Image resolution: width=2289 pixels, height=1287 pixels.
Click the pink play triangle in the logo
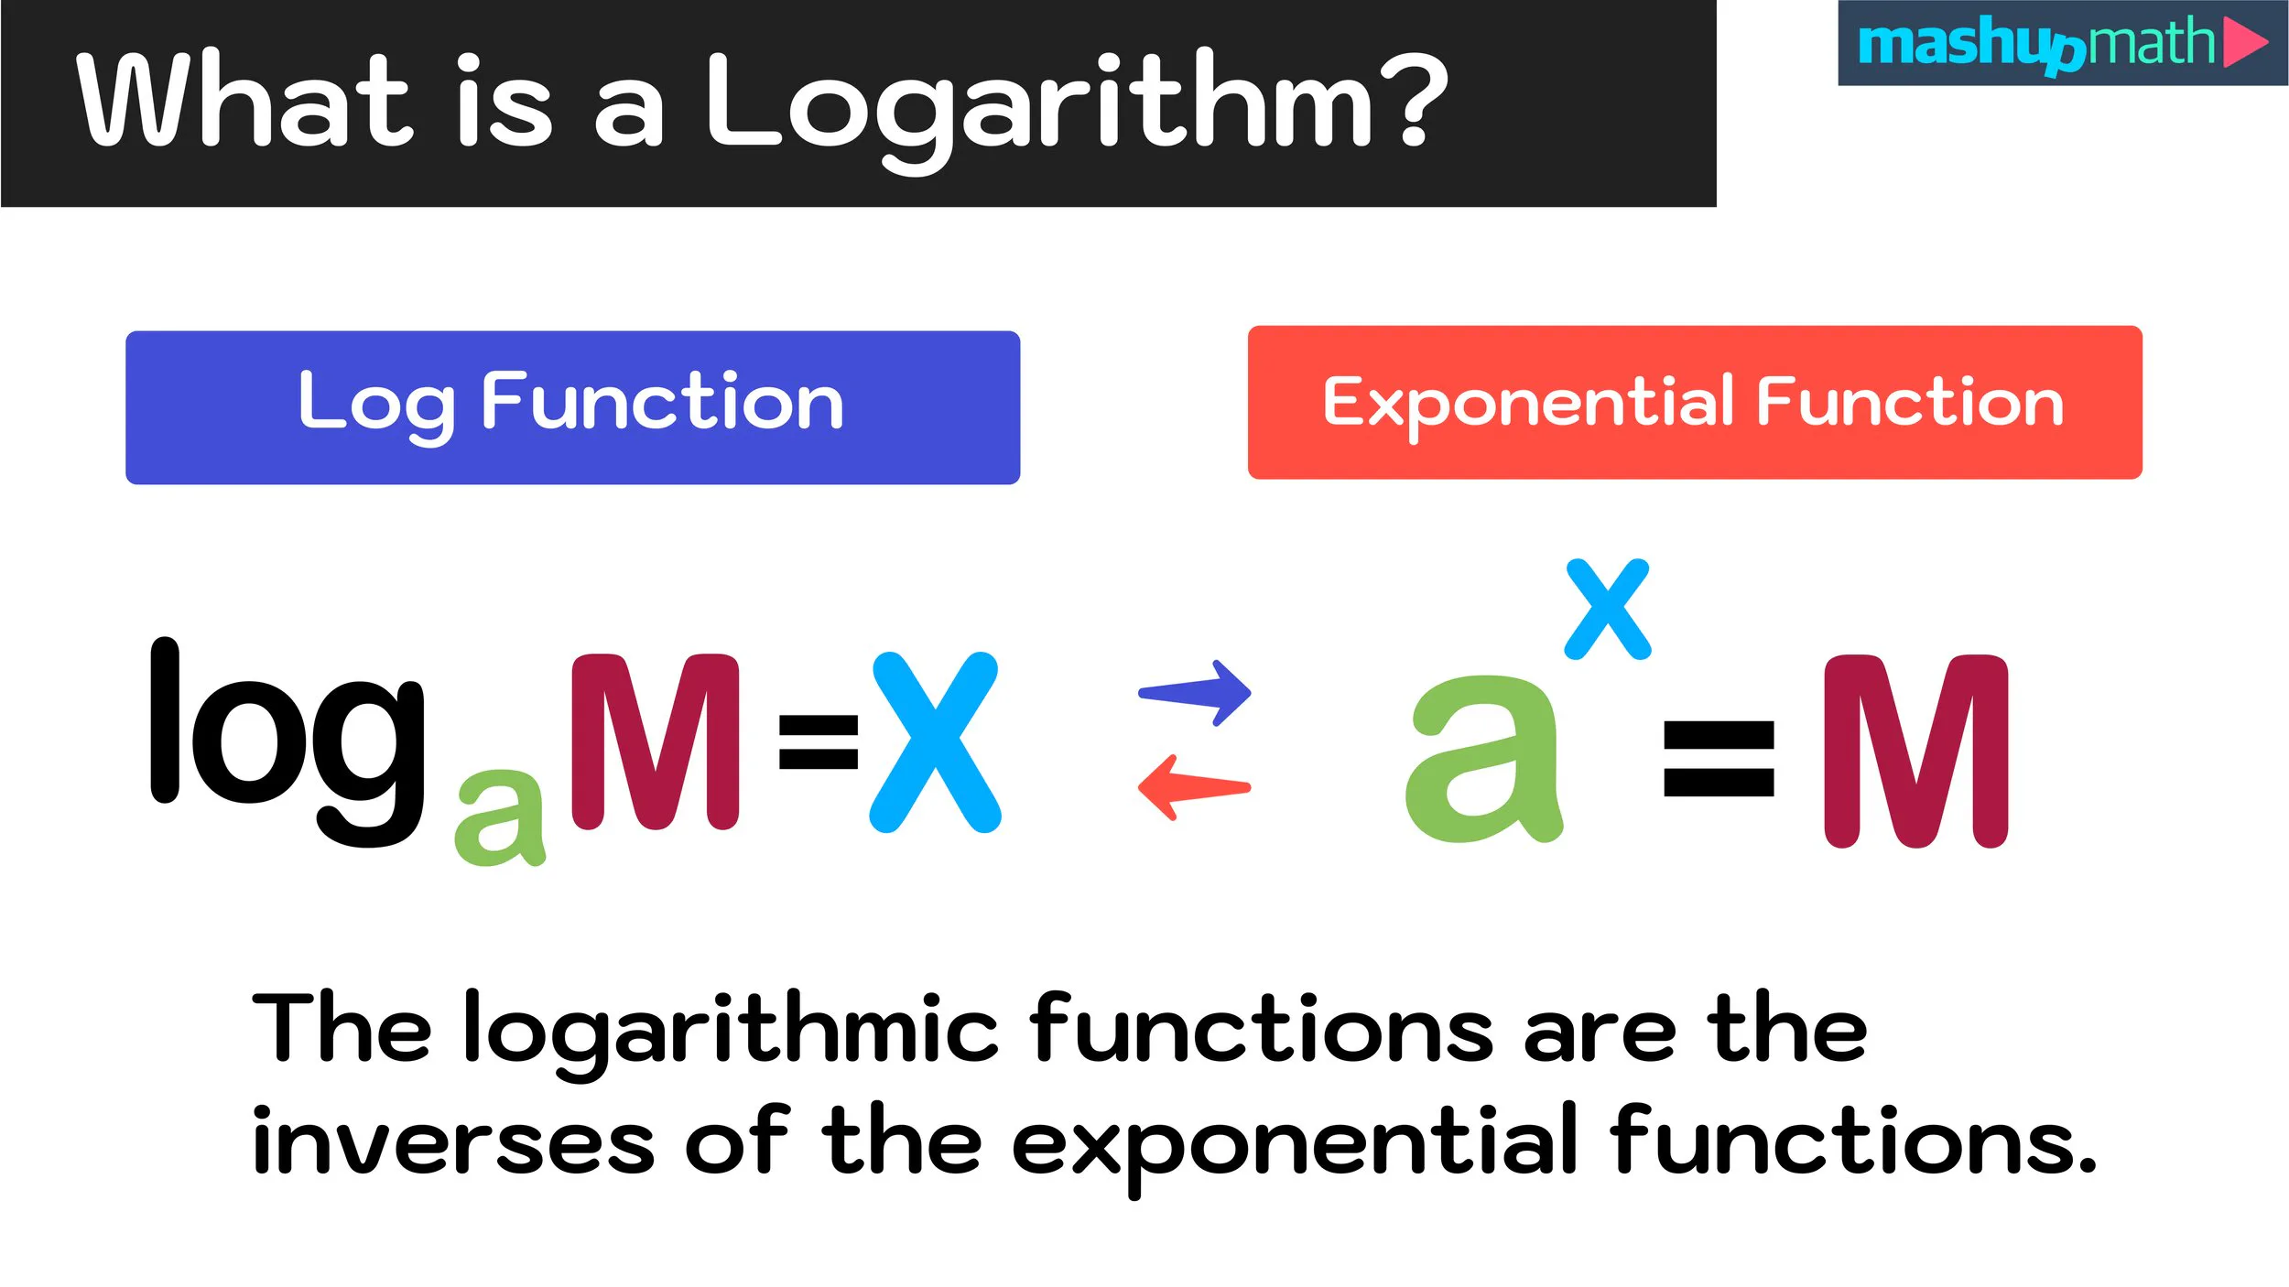pyautogui.click(x=2243, y=42)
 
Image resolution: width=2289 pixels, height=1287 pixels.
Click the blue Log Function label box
pyautogui.click(x=572, y=407)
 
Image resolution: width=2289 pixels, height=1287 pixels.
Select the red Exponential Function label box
pyautogui.click(x=1694, y=403)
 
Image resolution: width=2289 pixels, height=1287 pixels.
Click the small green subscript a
pyautogui.click(x=500, y=817)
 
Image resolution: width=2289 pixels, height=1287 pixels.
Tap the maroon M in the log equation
pyautogui.click(x=654, y=741)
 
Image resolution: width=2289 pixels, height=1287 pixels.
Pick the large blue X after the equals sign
pyautogui.click(x=935, y=742)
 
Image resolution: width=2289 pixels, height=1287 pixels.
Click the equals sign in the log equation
pyautogui.click(x=818, y=741)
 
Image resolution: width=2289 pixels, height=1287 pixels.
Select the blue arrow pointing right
pyautogui.click(x=1196, y=693)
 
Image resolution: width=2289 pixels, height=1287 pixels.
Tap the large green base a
pyautogui.click(x=1483, y=760)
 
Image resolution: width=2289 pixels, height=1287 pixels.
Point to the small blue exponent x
pyautogui.click(x=1608, y=610)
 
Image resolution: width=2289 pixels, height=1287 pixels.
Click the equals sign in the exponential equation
pyautogui.click(x=1718, y=759)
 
